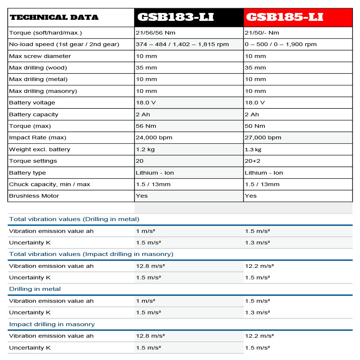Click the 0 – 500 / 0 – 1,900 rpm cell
pos(281,44)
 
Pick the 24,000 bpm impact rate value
pos(154,138)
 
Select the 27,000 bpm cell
pos(263,138)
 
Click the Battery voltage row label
pos(32,103)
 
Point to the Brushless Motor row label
pos(34,196)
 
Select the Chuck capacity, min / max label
pos(49,184)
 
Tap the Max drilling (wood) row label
pos(38,68)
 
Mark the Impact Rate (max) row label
pos(37,138)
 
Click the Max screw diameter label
pos(40,56)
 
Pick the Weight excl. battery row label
pos(40,149)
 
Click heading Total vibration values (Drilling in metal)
pos(74,219)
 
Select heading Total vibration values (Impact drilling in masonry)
pos(91,254)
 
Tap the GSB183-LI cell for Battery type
pos(155,173)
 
